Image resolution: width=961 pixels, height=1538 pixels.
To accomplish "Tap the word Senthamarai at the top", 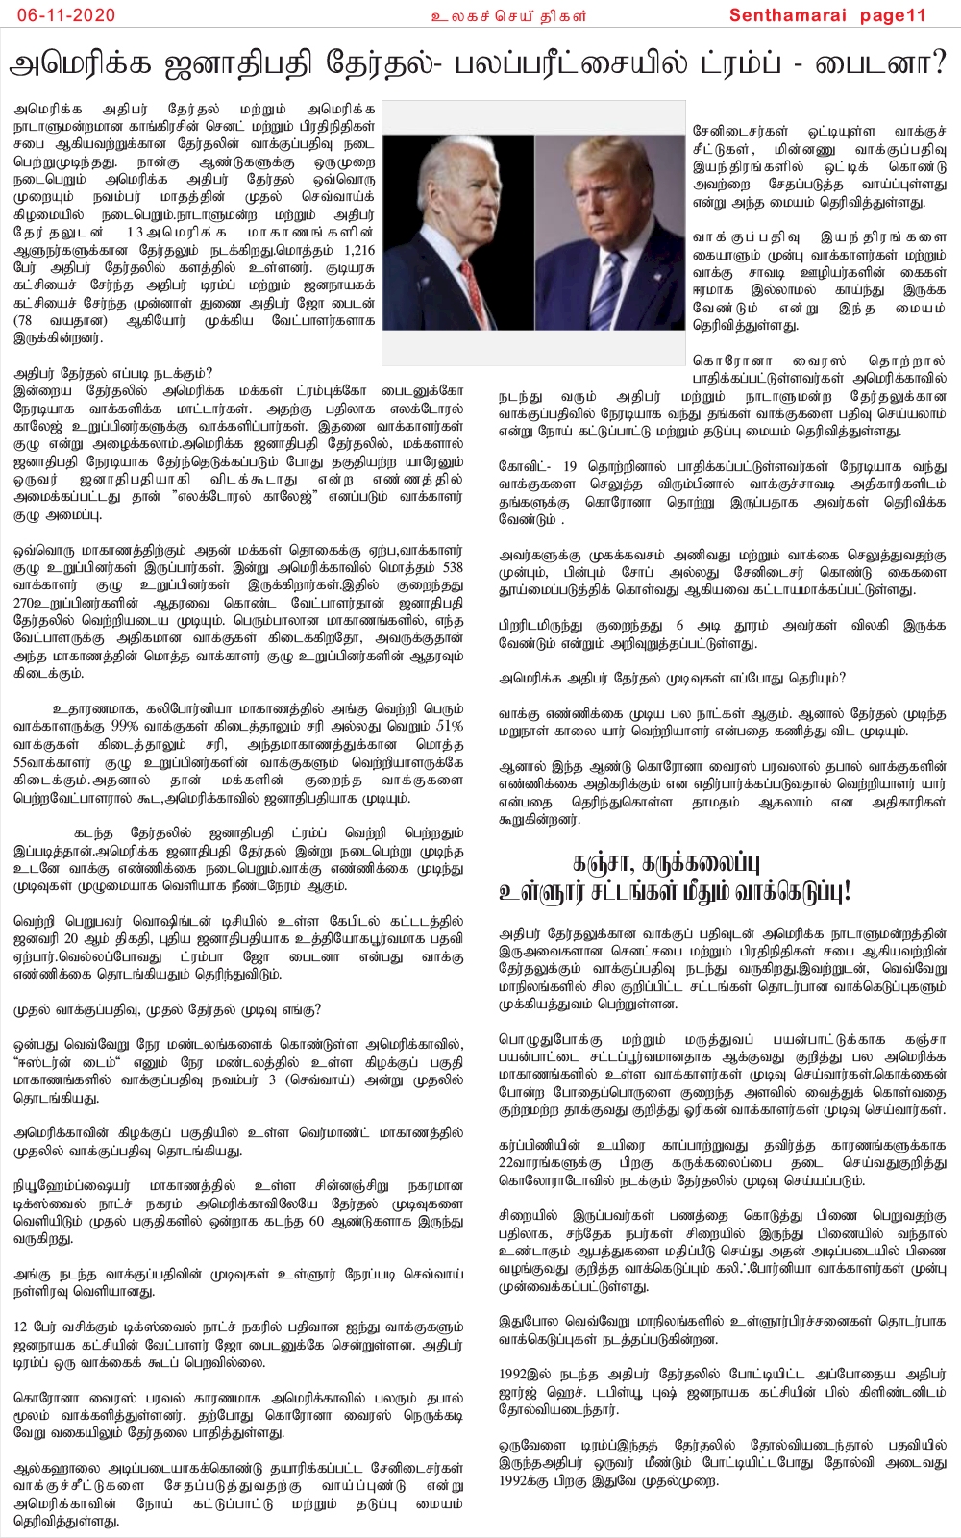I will (x=786, y=14).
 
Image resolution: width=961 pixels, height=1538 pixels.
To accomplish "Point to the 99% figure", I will (x=125, y=726).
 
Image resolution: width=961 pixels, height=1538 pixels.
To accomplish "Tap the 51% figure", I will (x=448, y=726).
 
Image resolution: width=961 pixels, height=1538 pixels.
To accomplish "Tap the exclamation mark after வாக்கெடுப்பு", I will (x=847, y=891).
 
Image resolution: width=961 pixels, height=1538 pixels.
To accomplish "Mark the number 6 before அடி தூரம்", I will (x=679, y=625).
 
